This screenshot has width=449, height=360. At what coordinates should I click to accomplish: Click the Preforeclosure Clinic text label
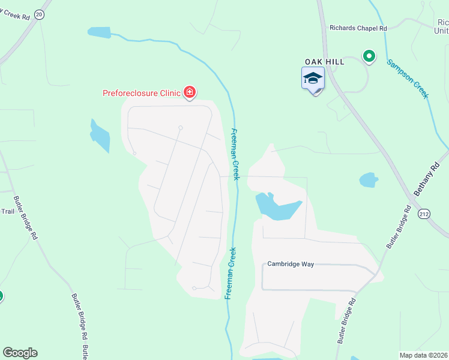142,92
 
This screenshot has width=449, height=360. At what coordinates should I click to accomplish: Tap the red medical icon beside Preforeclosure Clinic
190,92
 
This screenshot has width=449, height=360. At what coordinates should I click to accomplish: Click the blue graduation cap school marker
313,79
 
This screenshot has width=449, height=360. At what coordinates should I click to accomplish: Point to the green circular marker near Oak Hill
369,57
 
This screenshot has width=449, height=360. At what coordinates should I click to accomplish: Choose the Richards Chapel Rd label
358,28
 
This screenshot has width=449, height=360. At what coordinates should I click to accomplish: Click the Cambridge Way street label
291,264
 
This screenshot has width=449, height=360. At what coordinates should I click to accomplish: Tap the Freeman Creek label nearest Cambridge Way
231,274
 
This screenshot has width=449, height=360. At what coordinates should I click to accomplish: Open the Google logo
20,353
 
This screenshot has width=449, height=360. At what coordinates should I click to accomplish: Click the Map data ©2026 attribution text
423,355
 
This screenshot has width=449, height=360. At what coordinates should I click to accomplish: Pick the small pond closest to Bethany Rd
368,179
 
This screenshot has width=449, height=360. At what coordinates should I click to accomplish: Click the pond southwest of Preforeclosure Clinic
100,137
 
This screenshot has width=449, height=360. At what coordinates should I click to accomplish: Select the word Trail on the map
7,211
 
